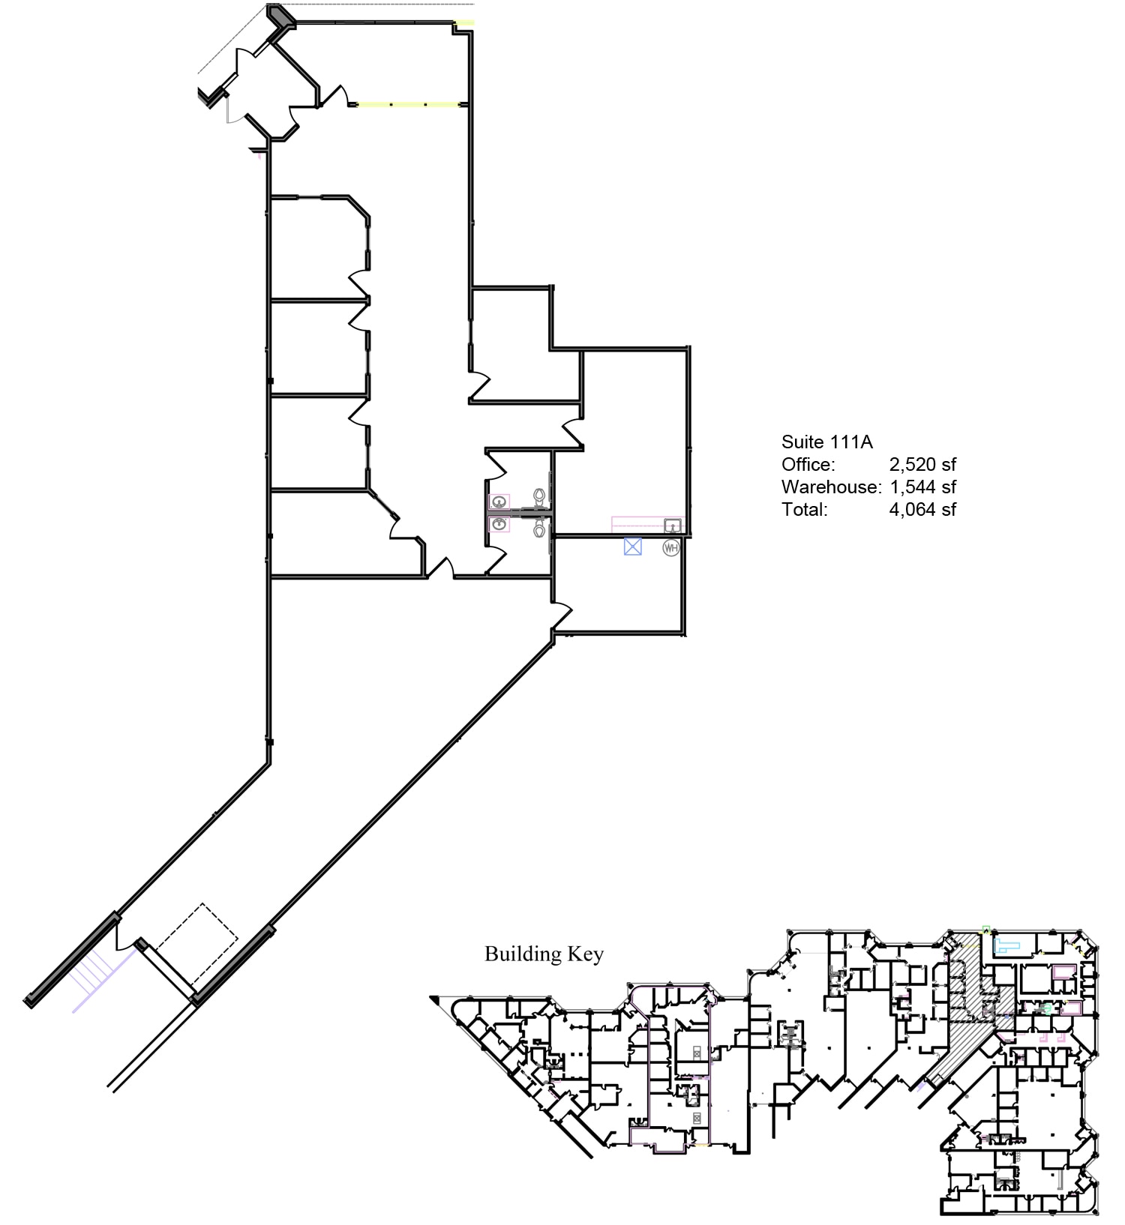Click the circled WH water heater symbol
pyautogui.click(x=670, y=548)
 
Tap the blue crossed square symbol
pyautogui.click(x=633, y=547)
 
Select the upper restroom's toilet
pyautogui.click(x=538, y=496)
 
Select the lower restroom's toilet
pyautogui.click(x=538, y=529)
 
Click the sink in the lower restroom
pyautogui.click(x=499, y=524)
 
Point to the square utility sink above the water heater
pyautogui.click(x=673, y=525)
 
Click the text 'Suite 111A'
pyautogui.click(x=826, y=442)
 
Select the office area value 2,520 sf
pyautogui.click(x=922, y=465)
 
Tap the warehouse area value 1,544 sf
pyautogui.click(x=922, y=487)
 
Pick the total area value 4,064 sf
pyautogui.click(x=922, y=510)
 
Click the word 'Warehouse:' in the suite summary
pyautogui.click(x=830, y=487)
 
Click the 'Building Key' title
pyautogui.click(x=544, y=954)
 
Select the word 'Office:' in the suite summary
pyautogui.click(x=808, y=465)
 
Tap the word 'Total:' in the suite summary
pyautogui.click(x=804, y=510)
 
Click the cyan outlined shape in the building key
pyautogui.click(x=1009, y=945)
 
